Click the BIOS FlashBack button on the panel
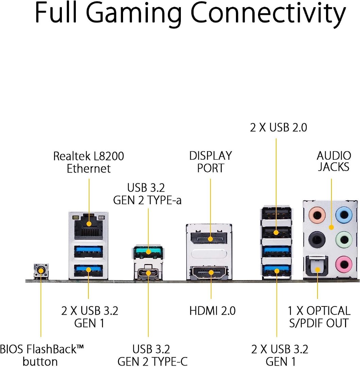(41, 271)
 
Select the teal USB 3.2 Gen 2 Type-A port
(148, 252)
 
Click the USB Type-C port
(148, 273)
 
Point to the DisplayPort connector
(210, 238)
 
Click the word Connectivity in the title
(267, 13)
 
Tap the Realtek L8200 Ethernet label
(89, 162)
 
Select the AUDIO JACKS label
(334, 161)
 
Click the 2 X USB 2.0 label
(278, 127)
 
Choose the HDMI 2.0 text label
(212, 311)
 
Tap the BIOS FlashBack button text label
(41, 355)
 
